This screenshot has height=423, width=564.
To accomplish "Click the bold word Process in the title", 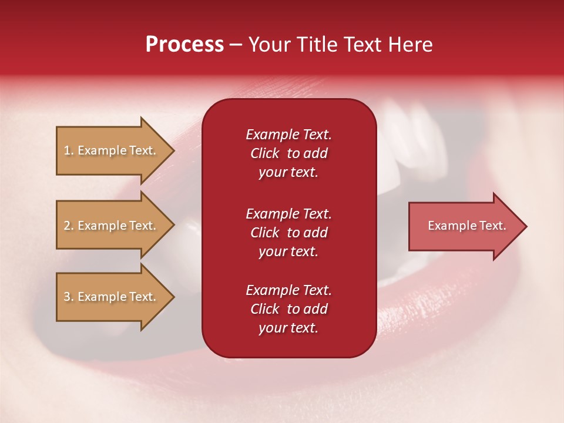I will pyautogui.click(x=184, y=45).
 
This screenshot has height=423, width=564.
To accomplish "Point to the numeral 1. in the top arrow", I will pyautogui.click(x=69, y=150).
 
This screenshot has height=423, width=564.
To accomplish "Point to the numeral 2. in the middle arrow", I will pyautogui.click(x=69, y=226).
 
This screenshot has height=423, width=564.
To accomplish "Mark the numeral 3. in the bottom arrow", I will pyautogui.click(x=69, y=297).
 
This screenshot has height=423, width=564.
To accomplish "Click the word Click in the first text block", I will pyautogui.click(x=265, y=153).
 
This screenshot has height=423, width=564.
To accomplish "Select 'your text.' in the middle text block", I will pyautogui.click(x=288, y=251).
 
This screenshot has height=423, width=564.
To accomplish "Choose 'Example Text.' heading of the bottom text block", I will pyautogui.click(x=288, y=290).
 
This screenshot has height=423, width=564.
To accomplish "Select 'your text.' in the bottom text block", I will pyautogui.click(x=288, y=328).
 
